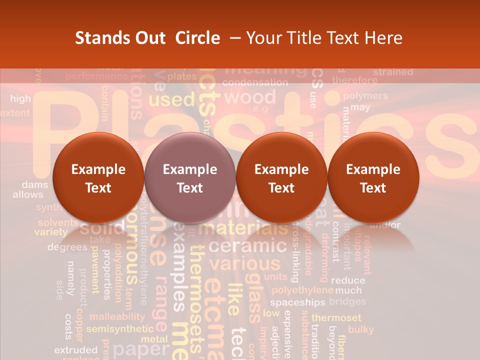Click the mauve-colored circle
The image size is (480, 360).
[x=189, y=177]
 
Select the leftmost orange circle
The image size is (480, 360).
[x=98, y=177]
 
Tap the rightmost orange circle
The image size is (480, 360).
[x=373, y=177]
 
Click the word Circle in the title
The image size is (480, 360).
[x=197, y=38]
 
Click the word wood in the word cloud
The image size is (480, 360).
[x=253, y=96]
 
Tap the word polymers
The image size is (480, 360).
[x=365, y=95]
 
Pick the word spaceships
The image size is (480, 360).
[x=297, y=302]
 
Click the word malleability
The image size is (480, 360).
[x=117, y=316]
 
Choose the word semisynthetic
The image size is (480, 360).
[x=119, y=329]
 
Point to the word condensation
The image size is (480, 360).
[x=255, y=82]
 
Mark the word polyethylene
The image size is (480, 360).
[x=302, y=290]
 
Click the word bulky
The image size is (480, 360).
[x=360, y=329]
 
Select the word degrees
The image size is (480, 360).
[x=67, y=247]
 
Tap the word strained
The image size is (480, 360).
[x=393, y=72]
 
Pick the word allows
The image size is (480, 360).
[x=28, y=194]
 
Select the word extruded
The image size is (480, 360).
[x=75, y=349]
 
